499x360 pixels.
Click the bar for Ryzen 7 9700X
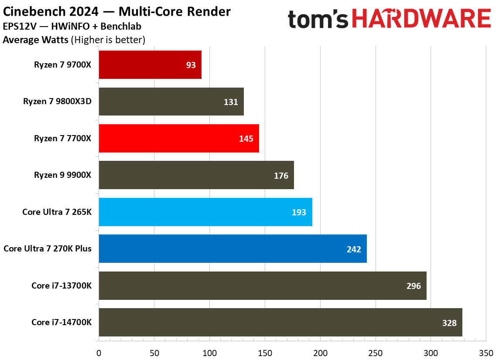point(150,65)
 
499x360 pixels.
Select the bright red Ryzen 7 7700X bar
point(179,138)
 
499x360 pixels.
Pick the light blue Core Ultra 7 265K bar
point(205,212)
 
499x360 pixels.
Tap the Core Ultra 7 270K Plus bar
point(232,248)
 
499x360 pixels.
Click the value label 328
point(449,323)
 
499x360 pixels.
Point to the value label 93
point(191,65)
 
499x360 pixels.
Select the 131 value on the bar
point(231,102)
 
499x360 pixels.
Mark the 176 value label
point(281,176)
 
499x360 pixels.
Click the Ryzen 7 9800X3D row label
point(60,102)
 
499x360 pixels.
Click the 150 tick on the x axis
point(265,352)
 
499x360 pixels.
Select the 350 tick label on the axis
point(486,352)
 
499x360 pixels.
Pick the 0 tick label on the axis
point(99,352)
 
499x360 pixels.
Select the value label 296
point(413,286)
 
